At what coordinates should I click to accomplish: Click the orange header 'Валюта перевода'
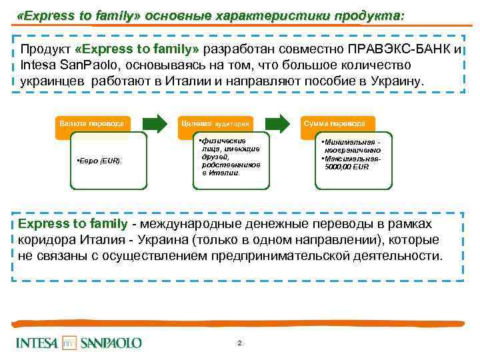click(x=93, y=123)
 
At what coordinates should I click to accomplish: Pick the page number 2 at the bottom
click(x=239, y=343)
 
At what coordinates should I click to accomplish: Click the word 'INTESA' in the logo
click(x=38, y=343)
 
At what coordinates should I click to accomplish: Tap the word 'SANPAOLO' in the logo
click(x=111, y=343)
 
